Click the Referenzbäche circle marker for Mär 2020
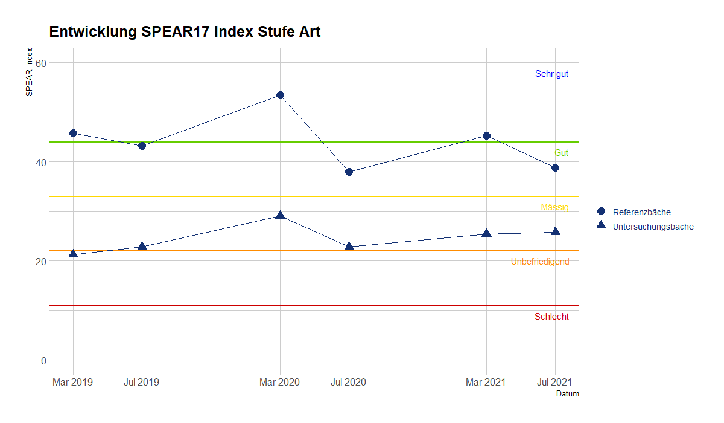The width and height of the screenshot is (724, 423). click(280, 95)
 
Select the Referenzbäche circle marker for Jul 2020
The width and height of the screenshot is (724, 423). click(349, 172)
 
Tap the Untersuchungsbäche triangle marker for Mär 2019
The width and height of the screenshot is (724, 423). click(73, 254)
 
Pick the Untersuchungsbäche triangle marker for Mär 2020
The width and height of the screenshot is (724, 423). click(280, 215)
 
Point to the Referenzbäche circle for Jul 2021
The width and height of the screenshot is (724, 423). click(555, 167)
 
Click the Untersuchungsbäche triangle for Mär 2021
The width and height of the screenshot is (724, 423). click(486, 233)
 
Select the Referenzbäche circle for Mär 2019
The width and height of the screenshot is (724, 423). click(73, 133)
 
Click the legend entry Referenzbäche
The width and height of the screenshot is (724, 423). click(641, 212)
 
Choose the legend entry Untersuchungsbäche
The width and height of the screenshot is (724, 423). click(653, 227)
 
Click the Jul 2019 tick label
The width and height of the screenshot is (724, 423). click(141, 382)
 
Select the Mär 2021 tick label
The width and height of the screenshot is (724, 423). click(486, 382)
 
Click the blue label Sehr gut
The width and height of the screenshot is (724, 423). click(551, 74)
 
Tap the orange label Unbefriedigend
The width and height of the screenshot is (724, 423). click(540, 262)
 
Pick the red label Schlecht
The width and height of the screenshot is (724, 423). click(551, 317)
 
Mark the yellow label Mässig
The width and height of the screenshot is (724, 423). click(554, 207)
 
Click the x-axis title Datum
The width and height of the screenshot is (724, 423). click(567, 394)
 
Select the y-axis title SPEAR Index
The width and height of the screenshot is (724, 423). click(28, 72)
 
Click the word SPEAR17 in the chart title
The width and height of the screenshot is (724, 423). click(171, 32)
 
